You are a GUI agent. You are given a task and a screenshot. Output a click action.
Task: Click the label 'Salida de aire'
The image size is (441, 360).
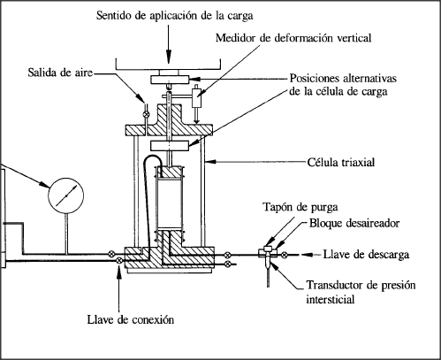(60, 73)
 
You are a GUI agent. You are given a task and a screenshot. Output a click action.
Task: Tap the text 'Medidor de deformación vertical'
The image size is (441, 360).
(293, 38)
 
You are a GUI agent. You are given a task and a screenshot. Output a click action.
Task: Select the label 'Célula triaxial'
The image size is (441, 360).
(341, 163)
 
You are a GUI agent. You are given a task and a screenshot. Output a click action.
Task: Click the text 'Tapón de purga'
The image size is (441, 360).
(300, 207)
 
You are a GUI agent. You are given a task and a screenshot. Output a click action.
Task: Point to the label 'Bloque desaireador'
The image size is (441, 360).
(354, 223)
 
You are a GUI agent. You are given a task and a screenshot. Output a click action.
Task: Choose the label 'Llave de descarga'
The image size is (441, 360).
(366, 255)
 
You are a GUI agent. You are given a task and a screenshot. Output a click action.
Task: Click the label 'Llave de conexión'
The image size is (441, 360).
(131, 319)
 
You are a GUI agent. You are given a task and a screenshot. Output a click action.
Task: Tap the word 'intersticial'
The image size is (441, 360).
(330, 300)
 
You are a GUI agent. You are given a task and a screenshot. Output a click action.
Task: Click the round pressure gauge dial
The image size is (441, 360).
(66, 195)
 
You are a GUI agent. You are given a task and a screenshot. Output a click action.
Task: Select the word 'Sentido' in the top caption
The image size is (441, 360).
(115, 15)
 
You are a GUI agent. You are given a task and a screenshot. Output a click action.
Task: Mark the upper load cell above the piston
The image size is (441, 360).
(170, 80)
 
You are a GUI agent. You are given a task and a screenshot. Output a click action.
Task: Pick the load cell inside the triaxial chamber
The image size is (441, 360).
(170, 146)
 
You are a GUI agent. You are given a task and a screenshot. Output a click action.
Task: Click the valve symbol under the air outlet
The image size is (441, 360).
(146, 114)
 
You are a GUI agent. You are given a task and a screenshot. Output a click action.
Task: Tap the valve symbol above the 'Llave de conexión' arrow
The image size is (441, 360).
(119, 260)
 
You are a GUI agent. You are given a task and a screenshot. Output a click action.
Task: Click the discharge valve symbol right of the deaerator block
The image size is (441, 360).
(284, 255)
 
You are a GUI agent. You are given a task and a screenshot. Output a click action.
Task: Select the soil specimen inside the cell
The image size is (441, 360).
(170, 204)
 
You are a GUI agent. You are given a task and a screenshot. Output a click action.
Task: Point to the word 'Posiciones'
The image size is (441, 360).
(314, 79)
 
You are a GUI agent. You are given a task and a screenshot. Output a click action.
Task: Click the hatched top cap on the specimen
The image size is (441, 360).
(170, 172)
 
